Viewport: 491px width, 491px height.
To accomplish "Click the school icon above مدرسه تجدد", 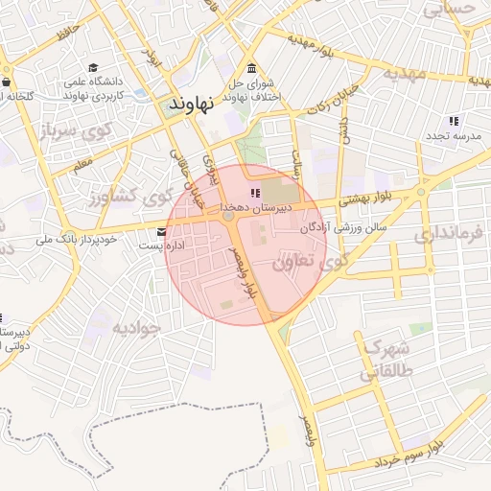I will [x=454, y=121].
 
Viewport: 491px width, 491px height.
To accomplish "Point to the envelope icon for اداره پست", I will [x=160, y=231].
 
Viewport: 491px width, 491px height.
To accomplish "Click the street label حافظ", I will [x=64, y=36].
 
